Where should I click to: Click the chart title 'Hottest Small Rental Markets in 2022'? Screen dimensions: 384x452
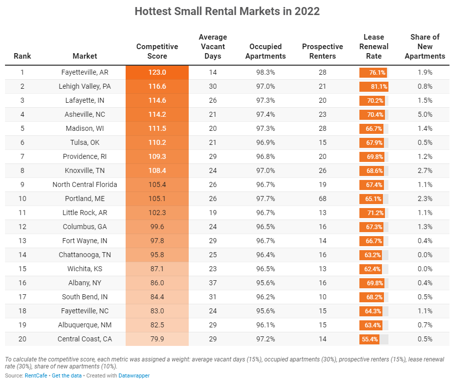[227, 12]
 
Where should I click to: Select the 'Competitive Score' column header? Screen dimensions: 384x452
[157, 51]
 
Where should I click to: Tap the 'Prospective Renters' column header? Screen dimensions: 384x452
[322, 51]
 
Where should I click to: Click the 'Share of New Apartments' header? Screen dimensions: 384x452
[424, 46]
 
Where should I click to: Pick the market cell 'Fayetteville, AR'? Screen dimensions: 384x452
[85, 72]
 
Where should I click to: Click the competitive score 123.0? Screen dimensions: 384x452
[157, 72]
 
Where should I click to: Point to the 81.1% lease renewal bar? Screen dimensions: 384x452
[374, 86]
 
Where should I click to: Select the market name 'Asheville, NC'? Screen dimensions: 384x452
[85, 114]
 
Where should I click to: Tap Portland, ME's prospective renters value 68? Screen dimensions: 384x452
[322, 199]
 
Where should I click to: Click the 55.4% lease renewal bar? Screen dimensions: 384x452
[369, 339]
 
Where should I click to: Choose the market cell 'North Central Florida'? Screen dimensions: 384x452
[85, 184]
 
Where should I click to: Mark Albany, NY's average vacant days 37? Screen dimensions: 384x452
[213, 283]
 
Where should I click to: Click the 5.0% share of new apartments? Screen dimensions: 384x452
[424, 114]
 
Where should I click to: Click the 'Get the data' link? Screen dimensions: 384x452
[67, 375]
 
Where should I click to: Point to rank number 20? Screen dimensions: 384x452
[22, 339]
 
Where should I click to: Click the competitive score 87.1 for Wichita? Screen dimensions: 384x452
[157, 269]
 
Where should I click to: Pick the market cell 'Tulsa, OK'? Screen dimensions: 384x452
[85, 142]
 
